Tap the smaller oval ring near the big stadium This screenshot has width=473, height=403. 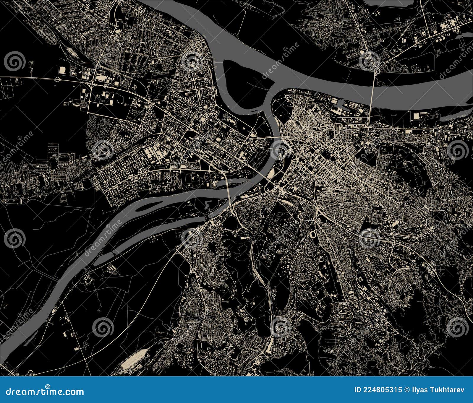300,217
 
